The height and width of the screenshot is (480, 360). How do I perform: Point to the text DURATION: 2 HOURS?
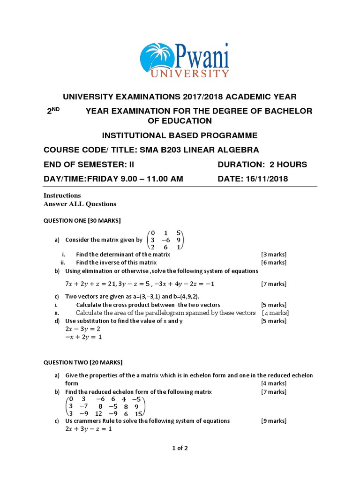click(x=262, y=165)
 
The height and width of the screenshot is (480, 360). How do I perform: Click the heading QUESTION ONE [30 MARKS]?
click(x=82, y=220)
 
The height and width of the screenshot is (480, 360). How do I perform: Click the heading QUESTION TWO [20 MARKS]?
click(x=83, y=362)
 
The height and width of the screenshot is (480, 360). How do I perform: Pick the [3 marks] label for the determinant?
click(x=274, y=255)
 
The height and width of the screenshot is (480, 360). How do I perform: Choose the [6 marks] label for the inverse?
click(x=274, y=262)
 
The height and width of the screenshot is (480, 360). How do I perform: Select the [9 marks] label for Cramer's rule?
click(x=274, y=421)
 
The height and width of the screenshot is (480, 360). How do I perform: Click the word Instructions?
click(x=62, y=195)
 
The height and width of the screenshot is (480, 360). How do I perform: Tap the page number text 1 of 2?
click(x=180, y=448)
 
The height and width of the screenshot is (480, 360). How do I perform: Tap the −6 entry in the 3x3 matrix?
click(x=163, y=239)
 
